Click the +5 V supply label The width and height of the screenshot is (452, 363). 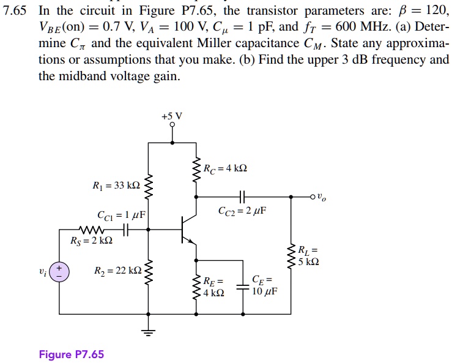(x=172, y=116)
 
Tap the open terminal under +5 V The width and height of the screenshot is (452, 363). (x=172, y=125)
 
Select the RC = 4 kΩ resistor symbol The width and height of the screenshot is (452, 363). (x=196, y=170)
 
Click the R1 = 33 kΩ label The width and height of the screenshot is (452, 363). (x=116, y=185)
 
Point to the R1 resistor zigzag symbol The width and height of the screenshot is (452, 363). (x=148, y=187)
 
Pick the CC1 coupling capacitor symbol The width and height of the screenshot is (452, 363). (x=125, y=230)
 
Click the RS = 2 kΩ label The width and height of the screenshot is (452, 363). (x=91, y=241)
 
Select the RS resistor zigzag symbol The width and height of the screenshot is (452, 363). (x=91, y=230)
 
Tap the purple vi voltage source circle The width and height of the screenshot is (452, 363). (x=59, y=272)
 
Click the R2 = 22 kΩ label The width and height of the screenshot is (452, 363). (x=118, y=271)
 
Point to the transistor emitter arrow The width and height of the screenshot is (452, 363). (x=190, y=241)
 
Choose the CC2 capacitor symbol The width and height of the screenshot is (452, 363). (x=242, y=196)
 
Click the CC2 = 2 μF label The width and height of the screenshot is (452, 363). (x=242, y=211)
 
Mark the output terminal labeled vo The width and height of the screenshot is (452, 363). (x=313, y=197)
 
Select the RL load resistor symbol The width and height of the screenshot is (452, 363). (x=291, y=256)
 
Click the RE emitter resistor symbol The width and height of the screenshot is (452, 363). (x=196, y=287)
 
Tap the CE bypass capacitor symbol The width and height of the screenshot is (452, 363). (x=243, y=287)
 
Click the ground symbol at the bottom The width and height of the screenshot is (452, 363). (x=148, y=333)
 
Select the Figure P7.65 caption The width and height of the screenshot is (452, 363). (x=72, y=354)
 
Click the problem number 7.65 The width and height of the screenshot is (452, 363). (x=15, y=11)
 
